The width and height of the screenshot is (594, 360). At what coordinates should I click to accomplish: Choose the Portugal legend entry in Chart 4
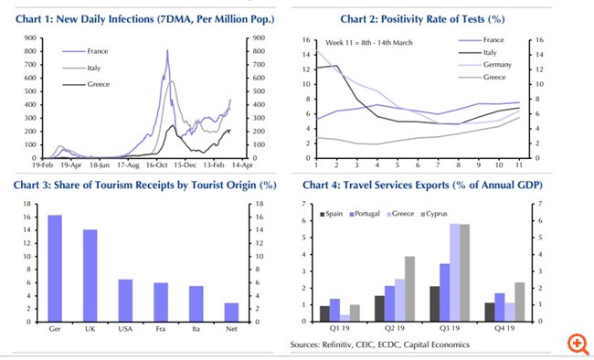(x=366, y=213)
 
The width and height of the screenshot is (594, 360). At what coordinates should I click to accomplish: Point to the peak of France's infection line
(x=167, y=51)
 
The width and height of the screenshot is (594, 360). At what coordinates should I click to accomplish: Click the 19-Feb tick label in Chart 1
(x=27, y=167)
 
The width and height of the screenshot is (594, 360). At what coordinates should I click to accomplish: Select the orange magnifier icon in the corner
(x=577, y=344)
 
